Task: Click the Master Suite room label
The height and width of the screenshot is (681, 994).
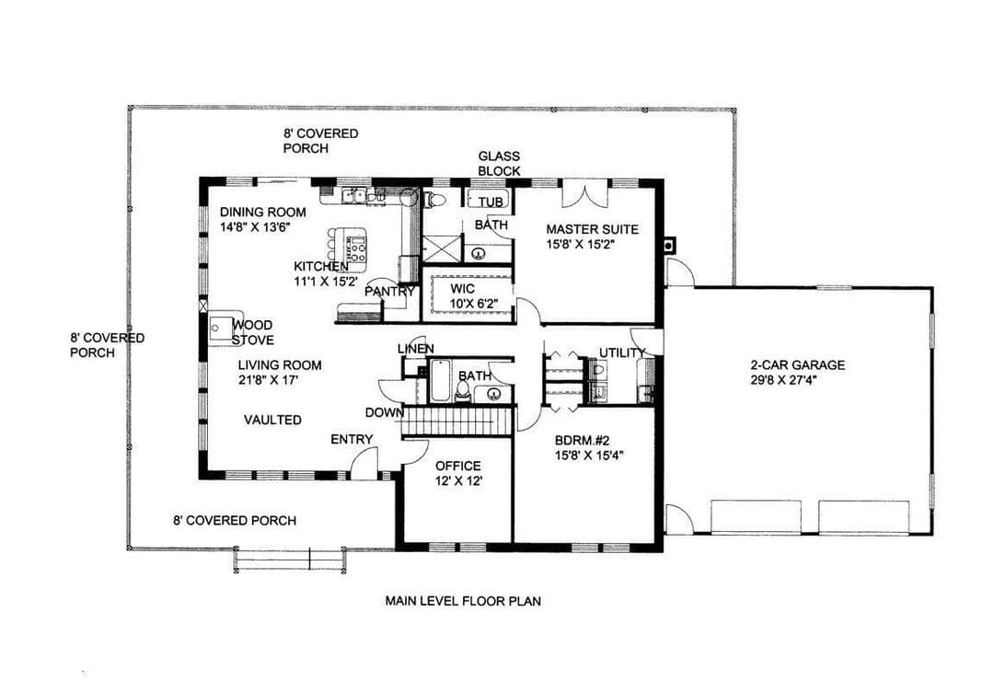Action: point(592,229)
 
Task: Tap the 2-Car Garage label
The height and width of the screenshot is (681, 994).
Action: point(797,365)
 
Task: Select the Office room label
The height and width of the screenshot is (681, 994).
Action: point(457,466)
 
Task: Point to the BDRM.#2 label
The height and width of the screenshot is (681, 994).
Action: point(582,440)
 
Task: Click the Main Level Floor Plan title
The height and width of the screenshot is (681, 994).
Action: point(463,600)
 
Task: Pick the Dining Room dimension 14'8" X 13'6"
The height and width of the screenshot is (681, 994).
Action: point(255,227)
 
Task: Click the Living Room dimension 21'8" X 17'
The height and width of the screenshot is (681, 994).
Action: point(268,380)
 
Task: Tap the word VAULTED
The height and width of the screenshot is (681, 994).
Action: point(272,420)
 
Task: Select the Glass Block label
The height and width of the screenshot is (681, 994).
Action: point(499,164)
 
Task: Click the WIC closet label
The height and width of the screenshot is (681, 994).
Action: point(462,289)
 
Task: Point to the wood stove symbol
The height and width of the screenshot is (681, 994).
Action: point(221,329)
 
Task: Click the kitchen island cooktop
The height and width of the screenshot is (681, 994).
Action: point(357,248)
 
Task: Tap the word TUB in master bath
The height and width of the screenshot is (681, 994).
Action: point(491,202)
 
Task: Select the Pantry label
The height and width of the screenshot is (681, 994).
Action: point(389,292)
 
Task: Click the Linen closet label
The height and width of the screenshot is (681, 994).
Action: point(416,349)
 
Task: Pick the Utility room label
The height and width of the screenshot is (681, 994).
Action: point(622,352)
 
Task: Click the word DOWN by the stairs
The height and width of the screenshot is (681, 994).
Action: point(384,413)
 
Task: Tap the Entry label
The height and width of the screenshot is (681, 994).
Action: point(352,439)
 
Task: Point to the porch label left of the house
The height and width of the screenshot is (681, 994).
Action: point(107,346)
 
